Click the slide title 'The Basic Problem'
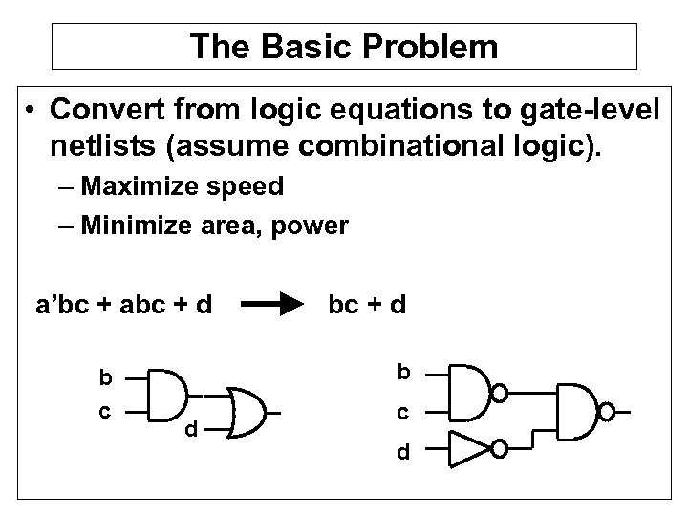point(344,46)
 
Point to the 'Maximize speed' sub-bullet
point(183,185)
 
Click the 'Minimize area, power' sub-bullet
point(215,226)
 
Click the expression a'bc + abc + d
point(123,307)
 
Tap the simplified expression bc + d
point(367,307)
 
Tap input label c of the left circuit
point(106,413)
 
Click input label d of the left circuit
point(192,431)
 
